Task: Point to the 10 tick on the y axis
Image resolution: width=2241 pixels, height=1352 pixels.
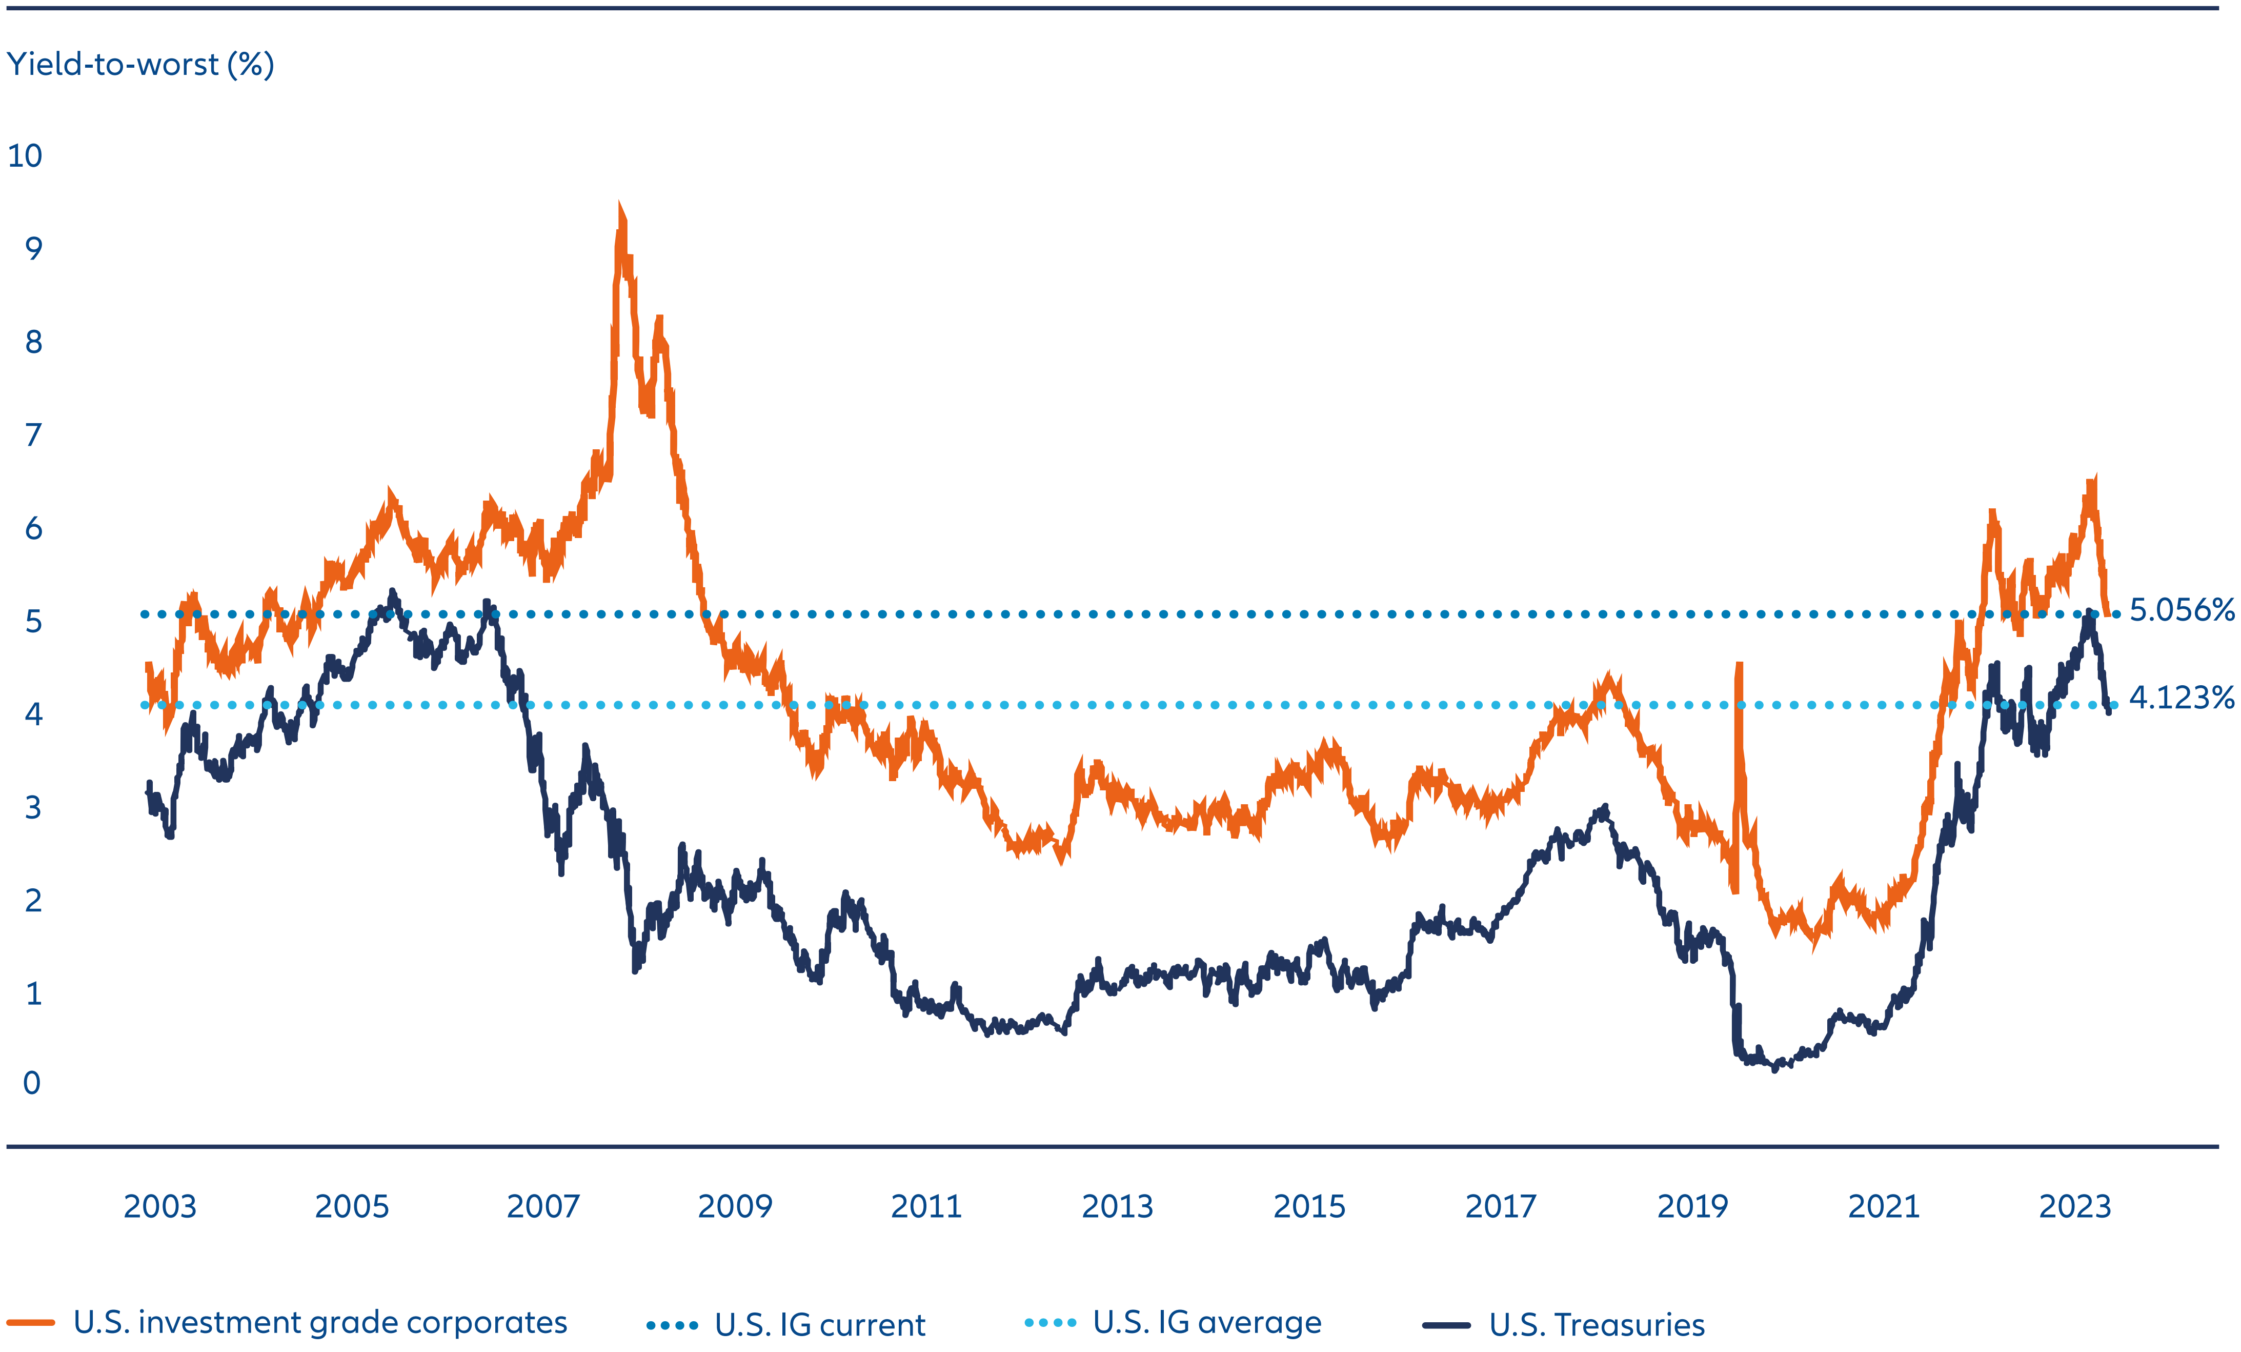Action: [26, 156]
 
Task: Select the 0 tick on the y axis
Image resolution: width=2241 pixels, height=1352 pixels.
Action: [32, 1083]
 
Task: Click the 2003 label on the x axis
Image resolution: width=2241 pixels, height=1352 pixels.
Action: [160, 1206]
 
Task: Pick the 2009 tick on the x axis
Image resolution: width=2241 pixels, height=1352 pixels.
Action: [735, 1206]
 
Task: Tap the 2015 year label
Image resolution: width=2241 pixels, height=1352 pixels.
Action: [1309, 1206]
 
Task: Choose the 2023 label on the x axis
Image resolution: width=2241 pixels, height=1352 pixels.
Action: [2074, 1206]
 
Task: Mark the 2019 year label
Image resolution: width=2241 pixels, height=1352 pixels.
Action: [1692, 1206]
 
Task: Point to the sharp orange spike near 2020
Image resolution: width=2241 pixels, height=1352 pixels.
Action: [1739, 666]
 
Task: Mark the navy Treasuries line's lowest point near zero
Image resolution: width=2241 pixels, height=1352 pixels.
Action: [1774, 1069]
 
